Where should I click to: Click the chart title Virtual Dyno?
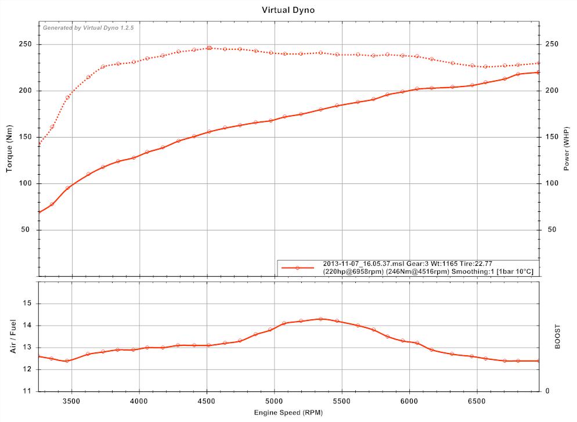click(x=288, y=10)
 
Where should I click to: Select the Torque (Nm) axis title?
click(x=9, y=150)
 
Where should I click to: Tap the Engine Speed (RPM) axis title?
click(x=288, y=412)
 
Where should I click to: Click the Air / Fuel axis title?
click(x=12, y=337)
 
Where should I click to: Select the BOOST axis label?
click(x=558, y=337)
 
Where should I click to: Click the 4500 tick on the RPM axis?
click(x=207, y=401)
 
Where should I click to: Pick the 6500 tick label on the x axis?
click(x=477, y=401)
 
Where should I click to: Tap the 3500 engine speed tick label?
click(x=72, y=401)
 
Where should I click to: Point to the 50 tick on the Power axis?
click(x=554, y=230)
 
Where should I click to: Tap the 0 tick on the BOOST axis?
click(x=547, y=391)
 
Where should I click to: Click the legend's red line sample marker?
click(x=297, y=268)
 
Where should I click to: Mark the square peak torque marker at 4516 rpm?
click(x=209, y=48)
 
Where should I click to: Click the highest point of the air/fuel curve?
click(x=320, y=319)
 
